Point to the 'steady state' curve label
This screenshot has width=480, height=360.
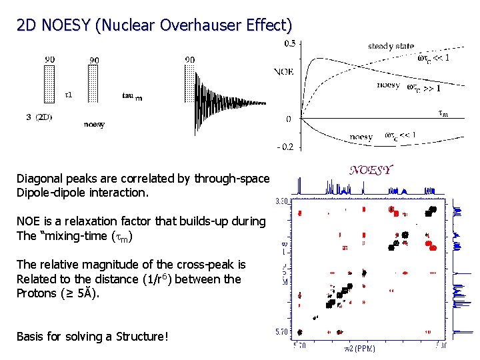coord(391,46)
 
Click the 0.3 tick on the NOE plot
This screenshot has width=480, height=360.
coord(291,43)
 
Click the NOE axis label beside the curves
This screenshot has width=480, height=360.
coord(283,71)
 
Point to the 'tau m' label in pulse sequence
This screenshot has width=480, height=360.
coord(131,96)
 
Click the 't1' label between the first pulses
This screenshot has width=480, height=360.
coord(69,95)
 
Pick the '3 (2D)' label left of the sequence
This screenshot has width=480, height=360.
coord(39,117)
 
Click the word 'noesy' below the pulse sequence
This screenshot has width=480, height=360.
coord(94,125)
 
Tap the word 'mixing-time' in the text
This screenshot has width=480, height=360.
coord(81,235)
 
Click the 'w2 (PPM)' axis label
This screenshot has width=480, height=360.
coord(359,349)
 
